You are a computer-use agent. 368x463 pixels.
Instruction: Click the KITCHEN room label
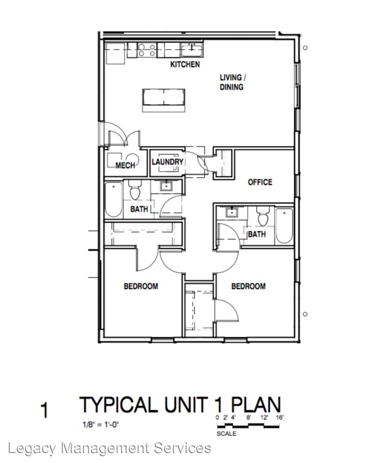[x=185, y=65]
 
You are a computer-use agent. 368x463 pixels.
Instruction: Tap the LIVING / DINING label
[x=231, y=82]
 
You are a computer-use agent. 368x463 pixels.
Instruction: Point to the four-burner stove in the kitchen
[x=147, y=50]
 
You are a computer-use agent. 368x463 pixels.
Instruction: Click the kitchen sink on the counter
[x=191, y=48]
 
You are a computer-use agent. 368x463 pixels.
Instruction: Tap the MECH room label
[x=124, y=166]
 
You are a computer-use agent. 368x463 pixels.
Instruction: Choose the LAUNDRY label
[x=167, y=162]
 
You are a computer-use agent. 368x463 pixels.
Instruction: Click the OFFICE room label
[x=260, y=182]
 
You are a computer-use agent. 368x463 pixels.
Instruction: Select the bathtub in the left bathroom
[x=114, y=200]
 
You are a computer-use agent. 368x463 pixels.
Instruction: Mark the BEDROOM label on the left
[x=141, y=287]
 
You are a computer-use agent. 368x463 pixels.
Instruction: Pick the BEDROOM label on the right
[x=248, y=287]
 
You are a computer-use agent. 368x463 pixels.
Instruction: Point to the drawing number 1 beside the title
[x=44, y=411]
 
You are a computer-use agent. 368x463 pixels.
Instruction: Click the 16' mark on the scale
[x=279, y=417]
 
